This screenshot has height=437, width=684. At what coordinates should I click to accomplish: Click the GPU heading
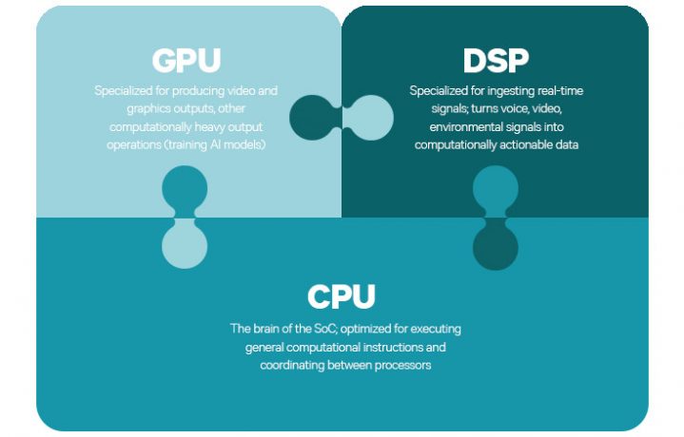(x=186, y=61)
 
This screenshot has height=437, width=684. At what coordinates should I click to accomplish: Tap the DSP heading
(x=496, y=61)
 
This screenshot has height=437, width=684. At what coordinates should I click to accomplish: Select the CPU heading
(x=342, y=296)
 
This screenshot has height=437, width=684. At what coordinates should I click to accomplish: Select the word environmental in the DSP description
(x=459, y=127)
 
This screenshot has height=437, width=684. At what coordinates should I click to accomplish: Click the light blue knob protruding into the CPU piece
(x=185, y=245)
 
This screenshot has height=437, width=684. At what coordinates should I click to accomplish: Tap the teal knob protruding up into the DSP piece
(x=496, y=188)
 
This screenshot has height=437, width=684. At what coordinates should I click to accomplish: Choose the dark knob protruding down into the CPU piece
(x=496, y=247)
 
